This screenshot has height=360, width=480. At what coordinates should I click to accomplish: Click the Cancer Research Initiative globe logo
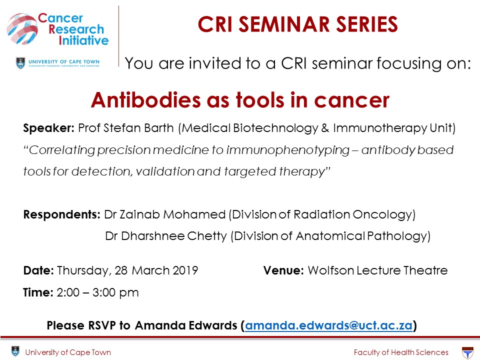coord(22,29)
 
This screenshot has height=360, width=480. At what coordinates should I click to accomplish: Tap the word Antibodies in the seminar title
coord(146,100)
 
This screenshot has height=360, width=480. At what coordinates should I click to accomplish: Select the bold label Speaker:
coord(48,128)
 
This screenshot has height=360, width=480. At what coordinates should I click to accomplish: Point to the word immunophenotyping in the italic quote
coord(288,150)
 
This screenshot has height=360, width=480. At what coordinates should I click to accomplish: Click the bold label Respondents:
coord(62,214)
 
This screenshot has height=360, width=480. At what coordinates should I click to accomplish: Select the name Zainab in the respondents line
coord(139,214)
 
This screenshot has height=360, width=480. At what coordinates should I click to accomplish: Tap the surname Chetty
coord(206,236)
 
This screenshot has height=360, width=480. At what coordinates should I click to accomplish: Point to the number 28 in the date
coord(121,270)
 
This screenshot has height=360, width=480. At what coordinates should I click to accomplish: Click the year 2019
coord(185,270)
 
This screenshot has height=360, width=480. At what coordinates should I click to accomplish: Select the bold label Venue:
coord(283,270)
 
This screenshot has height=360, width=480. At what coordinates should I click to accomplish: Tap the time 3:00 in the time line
coord(104,292)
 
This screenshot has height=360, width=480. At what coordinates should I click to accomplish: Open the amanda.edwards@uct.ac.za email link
coord(328,325)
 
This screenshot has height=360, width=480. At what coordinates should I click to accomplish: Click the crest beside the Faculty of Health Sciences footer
coord(467,352)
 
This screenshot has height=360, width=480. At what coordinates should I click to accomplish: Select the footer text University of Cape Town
coord(68,352)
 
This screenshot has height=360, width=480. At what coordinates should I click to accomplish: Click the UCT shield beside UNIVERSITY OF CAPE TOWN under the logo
coord(20,63)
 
